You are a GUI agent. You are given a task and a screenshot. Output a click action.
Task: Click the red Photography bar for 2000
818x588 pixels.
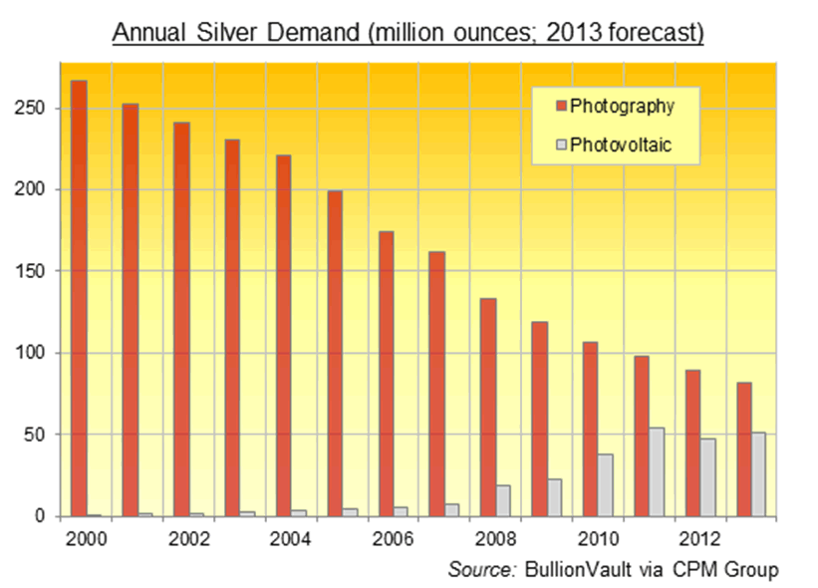78,299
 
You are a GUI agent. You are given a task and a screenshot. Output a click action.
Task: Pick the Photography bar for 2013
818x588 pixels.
744,448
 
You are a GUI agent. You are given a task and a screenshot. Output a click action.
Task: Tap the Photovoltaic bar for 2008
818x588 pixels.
503,500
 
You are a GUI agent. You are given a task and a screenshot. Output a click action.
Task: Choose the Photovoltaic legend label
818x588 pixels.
622,145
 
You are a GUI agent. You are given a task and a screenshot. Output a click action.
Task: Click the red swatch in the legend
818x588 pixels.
560,107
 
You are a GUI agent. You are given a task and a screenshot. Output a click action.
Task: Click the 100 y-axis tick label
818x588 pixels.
32,353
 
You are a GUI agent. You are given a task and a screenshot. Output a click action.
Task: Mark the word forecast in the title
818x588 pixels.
658,33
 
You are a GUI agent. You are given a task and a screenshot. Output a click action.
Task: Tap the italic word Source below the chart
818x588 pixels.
480,569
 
